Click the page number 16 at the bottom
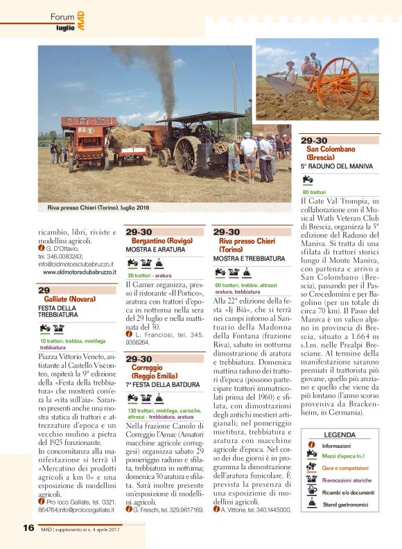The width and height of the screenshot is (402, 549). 28,528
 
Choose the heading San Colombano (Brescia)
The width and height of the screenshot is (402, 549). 329,152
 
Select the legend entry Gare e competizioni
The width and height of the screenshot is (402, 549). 344,468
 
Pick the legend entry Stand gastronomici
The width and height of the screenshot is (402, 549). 346,505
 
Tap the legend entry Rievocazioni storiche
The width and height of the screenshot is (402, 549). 347,480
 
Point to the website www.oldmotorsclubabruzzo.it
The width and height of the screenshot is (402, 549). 79,272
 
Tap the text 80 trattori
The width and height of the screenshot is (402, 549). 313,192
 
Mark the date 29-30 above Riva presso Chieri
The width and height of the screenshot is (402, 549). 227,232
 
